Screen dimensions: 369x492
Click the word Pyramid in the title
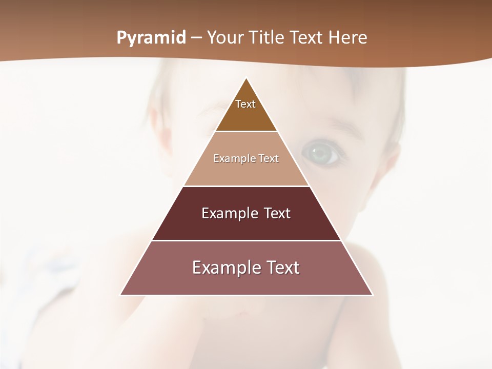(151, 38)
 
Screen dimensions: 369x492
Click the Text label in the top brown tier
(245, 104)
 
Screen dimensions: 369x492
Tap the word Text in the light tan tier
(269, 158)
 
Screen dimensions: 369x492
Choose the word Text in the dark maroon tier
(277, 213)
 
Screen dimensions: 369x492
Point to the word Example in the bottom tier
(222, 268)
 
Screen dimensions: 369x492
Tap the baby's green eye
(321, 152)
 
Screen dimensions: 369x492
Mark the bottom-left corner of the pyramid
(120, 295)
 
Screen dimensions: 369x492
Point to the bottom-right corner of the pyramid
(373, 295)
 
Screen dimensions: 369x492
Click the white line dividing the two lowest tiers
(247, 240)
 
